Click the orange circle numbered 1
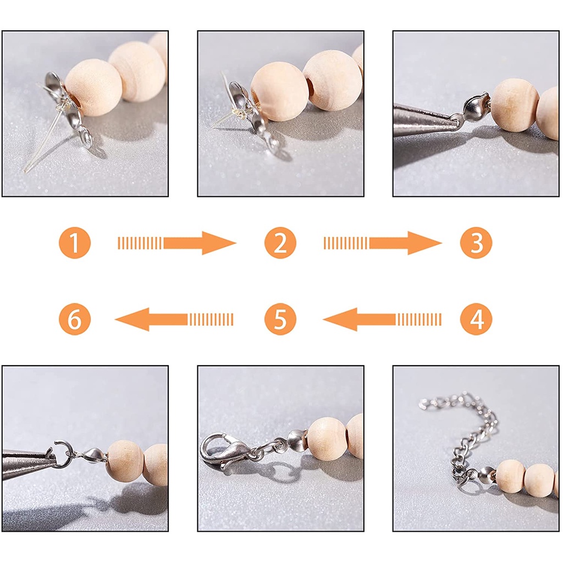click(75, 242)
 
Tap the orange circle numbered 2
click(280, 242)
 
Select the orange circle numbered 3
click(476, 242)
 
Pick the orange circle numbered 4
click(476, 319)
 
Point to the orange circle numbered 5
click(280, 319)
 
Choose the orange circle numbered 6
click(75, 319)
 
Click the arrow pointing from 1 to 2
click(177, 243)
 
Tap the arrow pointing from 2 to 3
click(383, 243)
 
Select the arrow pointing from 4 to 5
click(383, 319)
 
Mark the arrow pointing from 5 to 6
click(174, 319)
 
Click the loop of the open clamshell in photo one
click(86, 136)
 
